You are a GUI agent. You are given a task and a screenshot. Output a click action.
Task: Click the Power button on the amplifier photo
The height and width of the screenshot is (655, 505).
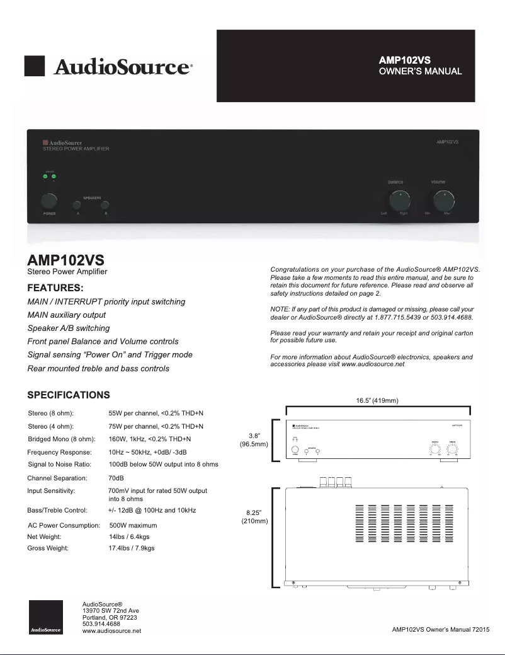pyautogui.click(x=49, y=202)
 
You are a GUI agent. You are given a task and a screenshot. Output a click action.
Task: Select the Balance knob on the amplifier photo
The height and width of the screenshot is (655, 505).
pyautogui.click(x=399, y=201)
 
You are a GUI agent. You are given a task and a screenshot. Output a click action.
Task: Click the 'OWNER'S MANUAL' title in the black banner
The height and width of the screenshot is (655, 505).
pyautogui.click(x=420, y=71)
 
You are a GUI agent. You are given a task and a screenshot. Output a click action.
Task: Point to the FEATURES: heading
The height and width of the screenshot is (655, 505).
pyautogui.click(x=60, y=288)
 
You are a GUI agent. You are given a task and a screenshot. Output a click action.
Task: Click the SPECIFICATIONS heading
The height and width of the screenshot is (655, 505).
pyautogui.click(x=69, y=395)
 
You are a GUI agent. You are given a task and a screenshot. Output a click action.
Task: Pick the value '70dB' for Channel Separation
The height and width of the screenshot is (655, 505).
pyautogui.click(x=116, y=478)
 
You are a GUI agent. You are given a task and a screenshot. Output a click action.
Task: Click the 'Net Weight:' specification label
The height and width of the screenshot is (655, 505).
pyautogui.click(x=44, y=536)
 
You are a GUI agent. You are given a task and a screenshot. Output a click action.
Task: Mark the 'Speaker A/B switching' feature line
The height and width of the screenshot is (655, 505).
pyautogui.click(x=69, y=328)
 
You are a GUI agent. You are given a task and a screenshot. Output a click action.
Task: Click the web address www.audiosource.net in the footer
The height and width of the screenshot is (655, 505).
pyautogui.click(x=111, y=630)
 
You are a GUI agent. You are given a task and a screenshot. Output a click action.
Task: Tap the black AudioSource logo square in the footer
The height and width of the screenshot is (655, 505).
pyautogui.click(x=45, y=617)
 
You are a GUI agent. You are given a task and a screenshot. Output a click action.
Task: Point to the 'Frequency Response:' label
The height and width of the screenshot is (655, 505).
pyautogui.click(x=59, y=453)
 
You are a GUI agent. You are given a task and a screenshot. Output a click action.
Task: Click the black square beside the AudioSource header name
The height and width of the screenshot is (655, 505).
pyautogui.click(x=34, y=66)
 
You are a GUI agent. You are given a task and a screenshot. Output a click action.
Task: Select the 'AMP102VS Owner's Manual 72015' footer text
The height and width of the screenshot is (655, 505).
pyautogui.click(x=440, y=629)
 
